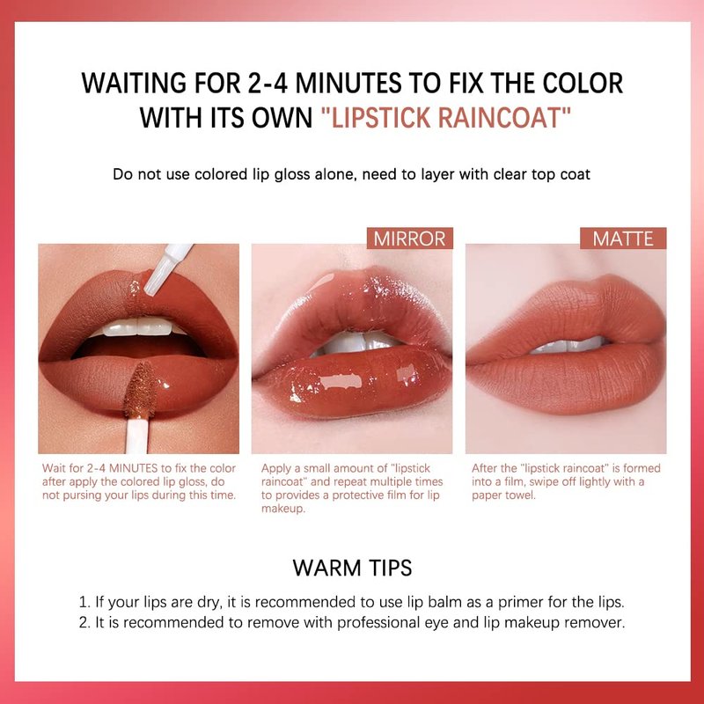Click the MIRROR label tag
pos(409,238)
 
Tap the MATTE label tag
pos(623,238)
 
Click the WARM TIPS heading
pos(353,568)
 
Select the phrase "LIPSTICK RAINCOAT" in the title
pos(446,118)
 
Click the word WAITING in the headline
pos(134,83)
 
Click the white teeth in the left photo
pos(138,326)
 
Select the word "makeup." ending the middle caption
pos(283,509)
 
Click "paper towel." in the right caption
pos(503,495)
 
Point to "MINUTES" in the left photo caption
pos(134,468)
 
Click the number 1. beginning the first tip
pos(84,602)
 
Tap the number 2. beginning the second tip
pos(84,623)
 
